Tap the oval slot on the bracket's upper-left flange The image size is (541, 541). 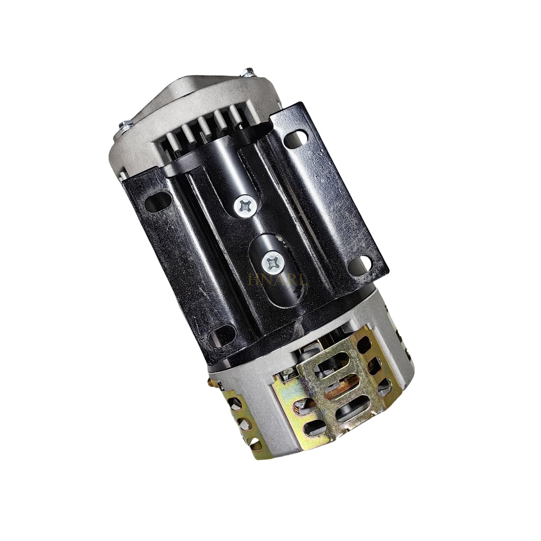(154, 202)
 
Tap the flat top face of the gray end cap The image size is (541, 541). (193, 93)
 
